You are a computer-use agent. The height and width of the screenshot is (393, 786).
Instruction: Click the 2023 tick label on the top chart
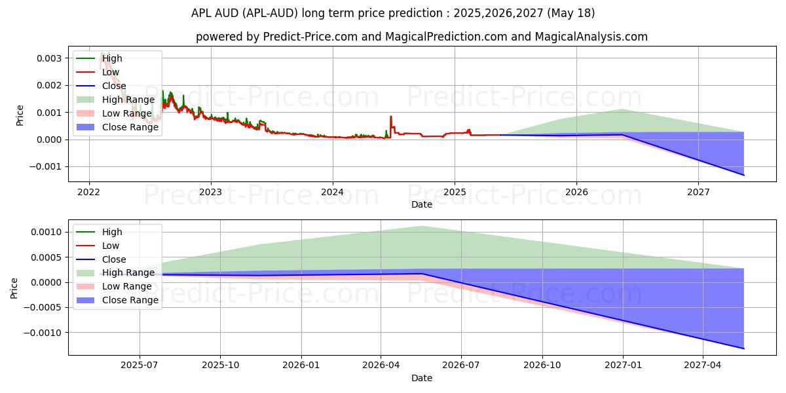pos(211,192)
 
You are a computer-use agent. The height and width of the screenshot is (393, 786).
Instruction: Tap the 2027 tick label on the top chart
pos(698,192)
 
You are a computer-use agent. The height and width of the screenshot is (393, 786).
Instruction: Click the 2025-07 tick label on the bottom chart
pos(139,365)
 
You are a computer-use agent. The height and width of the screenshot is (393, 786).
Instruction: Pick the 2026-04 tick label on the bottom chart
pos(381,365)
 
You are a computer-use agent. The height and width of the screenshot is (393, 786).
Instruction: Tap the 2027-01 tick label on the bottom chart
pos(623,365)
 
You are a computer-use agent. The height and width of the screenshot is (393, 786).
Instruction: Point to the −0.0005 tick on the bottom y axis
pos(45,308)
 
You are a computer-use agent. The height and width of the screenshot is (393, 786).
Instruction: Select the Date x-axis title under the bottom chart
pos(422,378)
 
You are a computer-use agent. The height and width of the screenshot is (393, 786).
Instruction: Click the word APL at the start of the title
pos(201,13)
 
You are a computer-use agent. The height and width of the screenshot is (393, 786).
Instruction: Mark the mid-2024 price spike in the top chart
pos(391,117)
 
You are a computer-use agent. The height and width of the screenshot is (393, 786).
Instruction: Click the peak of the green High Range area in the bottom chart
pos(422,227)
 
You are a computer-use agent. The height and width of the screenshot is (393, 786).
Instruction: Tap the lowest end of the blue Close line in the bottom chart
pos(743,348)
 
